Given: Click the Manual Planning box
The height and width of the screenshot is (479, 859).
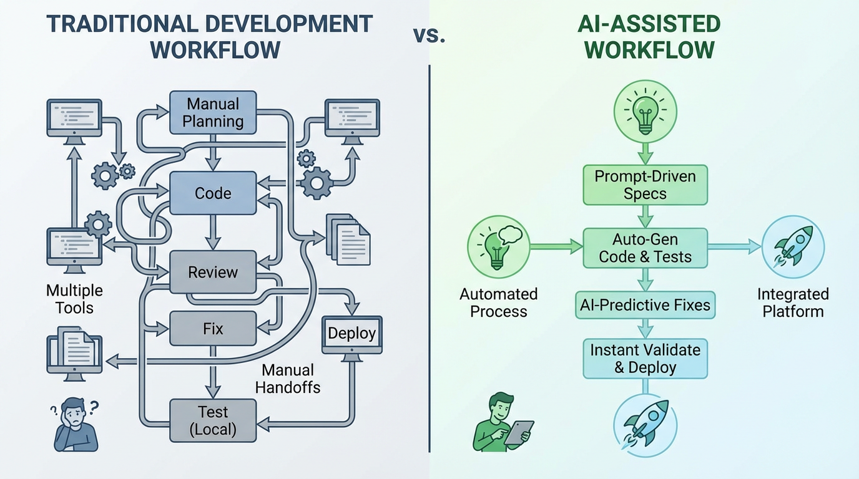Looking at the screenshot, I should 213,112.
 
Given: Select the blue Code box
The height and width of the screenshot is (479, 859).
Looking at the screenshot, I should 213,193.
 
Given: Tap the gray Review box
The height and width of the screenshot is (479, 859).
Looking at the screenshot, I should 213,272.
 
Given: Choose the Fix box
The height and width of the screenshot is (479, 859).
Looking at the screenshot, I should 213,328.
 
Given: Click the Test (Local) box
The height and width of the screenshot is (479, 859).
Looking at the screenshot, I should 213,420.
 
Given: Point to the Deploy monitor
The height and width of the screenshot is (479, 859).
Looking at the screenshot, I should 352,334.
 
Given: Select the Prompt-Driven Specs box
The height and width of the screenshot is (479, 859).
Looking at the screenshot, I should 645,185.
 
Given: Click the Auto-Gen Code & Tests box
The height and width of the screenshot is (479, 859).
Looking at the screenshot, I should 645,248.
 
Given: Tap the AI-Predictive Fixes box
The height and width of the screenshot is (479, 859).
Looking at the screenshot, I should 645,306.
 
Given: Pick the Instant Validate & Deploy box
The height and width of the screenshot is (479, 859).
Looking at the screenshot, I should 645,358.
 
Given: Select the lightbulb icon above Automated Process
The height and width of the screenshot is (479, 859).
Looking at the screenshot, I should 498,246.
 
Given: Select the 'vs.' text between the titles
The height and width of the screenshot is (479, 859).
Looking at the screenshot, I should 430,36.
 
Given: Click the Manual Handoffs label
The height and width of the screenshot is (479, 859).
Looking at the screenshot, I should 288,379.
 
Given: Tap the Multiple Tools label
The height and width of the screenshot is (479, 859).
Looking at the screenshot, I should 74,299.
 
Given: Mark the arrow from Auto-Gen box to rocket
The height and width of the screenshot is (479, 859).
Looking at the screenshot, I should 734,248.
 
